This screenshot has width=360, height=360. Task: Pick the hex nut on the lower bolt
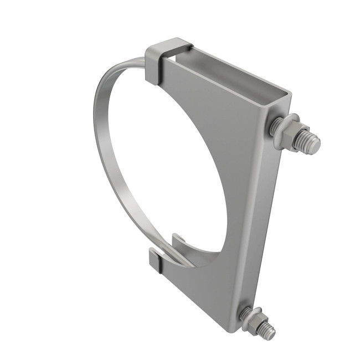coord(254,321)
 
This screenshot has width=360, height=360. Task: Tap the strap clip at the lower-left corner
coord(157,261)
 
